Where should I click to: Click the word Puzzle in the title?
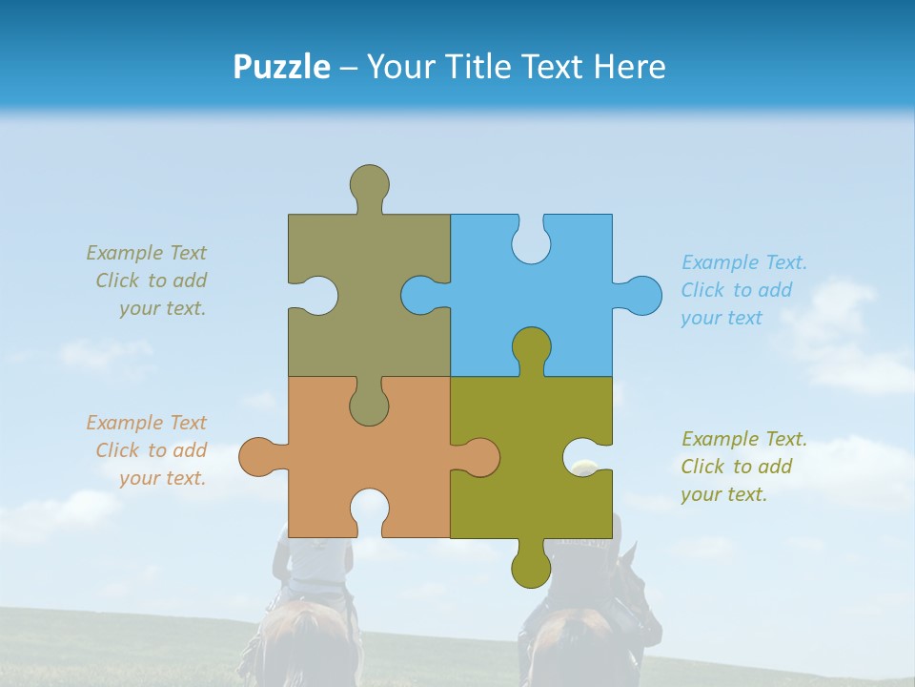tap(281, 67)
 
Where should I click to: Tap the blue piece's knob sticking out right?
tap(640, 295)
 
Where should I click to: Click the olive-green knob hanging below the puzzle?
tap(531, 566)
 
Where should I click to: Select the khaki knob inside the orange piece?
tap(369, 403)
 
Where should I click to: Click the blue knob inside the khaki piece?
tap(420, 295)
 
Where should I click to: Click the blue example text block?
tap(743, 290)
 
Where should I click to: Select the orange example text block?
tap(148, 450)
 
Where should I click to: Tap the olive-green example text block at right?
tap(743, 467)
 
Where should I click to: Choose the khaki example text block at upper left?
tap(148, 281)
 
